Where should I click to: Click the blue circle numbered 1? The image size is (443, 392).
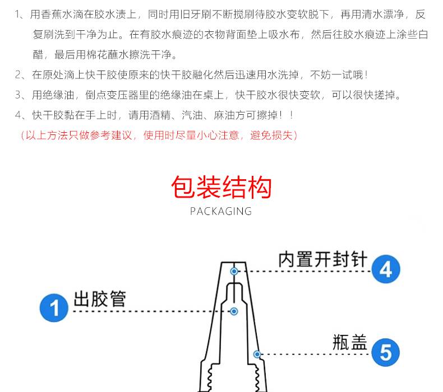(54, 308)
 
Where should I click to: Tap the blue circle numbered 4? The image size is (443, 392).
(386, 269)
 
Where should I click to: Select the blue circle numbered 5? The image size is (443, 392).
(385, 352)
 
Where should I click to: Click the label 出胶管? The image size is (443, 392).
(99, 299)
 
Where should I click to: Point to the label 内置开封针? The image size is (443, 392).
(323, 259)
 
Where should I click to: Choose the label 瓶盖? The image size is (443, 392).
(350, 342)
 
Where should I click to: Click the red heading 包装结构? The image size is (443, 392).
(221, 187)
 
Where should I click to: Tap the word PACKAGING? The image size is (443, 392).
(221, 211)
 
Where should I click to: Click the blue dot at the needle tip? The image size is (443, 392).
(234, 272)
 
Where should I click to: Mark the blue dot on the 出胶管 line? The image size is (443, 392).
(234, 311)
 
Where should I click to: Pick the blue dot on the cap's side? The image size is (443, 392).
(257, 354)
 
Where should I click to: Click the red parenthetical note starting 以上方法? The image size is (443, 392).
(159, 136)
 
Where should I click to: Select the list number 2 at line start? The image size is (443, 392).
(19, 75)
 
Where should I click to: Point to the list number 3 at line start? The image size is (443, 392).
(19, 95)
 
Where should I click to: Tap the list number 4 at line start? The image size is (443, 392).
(19, 115)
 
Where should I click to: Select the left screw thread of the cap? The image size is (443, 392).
(210, 377)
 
